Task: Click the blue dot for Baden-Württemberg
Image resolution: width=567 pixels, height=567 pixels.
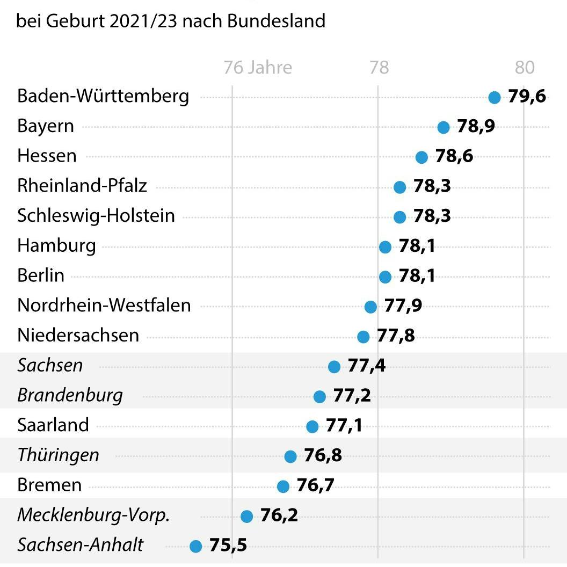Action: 495,97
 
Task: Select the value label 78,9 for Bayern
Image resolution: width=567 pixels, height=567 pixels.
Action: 476,127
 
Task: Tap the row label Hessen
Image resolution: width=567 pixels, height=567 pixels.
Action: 47,156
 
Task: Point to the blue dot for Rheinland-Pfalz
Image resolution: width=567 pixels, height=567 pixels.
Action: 399,187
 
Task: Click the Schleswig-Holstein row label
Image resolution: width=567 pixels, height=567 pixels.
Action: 96,216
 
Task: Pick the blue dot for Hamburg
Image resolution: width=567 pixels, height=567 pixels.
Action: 385,247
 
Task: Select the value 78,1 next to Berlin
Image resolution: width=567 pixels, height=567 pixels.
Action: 417,277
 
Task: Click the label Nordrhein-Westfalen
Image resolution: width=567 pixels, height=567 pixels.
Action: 104,306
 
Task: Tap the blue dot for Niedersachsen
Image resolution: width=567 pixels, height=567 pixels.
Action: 364,337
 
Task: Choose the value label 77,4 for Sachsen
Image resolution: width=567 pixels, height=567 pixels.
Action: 366,366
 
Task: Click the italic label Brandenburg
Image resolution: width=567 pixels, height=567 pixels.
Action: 70,396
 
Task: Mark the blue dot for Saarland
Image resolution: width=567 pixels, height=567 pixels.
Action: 312,426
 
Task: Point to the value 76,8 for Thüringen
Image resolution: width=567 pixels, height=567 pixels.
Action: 323,456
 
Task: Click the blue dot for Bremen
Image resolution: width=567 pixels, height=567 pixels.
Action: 283,486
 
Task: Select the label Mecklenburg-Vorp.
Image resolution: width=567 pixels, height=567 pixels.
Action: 93,515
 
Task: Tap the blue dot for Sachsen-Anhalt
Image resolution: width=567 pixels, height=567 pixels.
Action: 196,547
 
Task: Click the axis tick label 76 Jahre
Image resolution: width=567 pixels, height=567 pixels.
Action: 258,68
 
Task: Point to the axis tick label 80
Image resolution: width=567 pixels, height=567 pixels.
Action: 525,68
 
